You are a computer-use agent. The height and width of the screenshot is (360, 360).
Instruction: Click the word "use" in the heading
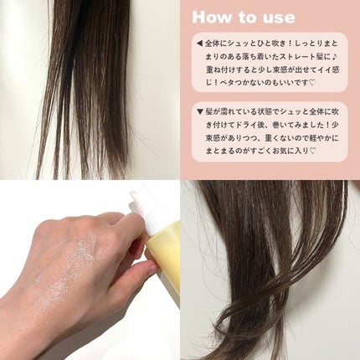pyautogui.click(x=280, y=18)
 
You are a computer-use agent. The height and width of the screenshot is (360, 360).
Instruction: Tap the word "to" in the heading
pyautogui.click(x=249, y=18)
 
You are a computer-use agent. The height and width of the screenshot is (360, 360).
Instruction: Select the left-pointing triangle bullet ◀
pyautogui.click(x=199, y=44)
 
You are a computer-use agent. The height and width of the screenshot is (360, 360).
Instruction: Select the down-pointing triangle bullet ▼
pyautogui.click(x=199, y=112)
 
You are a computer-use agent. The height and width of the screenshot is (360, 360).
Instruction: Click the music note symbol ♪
pyautogui.click(x=335, y=57)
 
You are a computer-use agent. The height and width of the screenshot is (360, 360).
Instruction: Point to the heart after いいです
pyautogui.click(x=312, y=83)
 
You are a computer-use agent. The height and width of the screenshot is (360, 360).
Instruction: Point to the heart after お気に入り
pyautogui.click(x=312, y=151)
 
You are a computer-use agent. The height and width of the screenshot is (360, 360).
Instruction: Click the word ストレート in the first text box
pyautogui.click(x=292, y=57)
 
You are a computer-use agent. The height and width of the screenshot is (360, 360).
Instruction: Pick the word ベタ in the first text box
pyautogui.click(x=228, y=83)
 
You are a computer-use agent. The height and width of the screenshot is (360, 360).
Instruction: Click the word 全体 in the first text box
pyautogui.click(x=212, y=44)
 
